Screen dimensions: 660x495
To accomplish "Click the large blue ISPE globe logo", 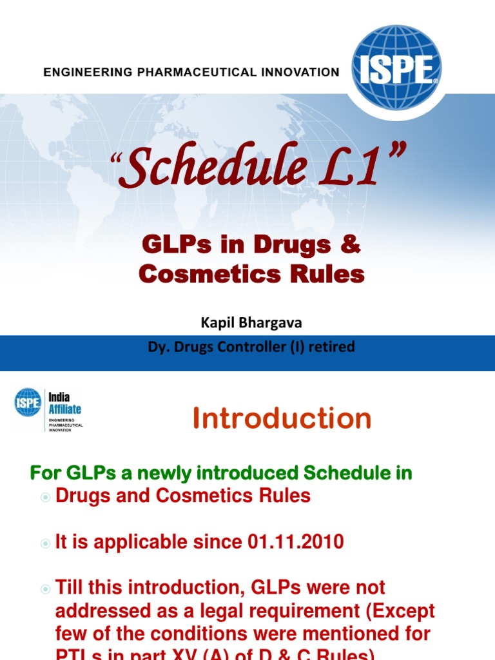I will (396, 67).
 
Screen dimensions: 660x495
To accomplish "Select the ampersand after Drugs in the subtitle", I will (351, 246).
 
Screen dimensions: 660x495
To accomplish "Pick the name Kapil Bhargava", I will (251, 323).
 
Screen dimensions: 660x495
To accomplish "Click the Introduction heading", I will (282, 419).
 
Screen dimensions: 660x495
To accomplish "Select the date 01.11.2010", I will (295, 542).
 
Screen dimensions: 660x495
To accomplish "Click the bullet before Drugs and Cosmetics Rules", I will (45, 497).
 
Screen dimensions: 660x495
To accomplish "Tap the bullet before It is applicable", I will (45, 543).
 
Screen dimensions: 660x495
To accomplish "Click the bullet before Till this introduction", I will (45, 588).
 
